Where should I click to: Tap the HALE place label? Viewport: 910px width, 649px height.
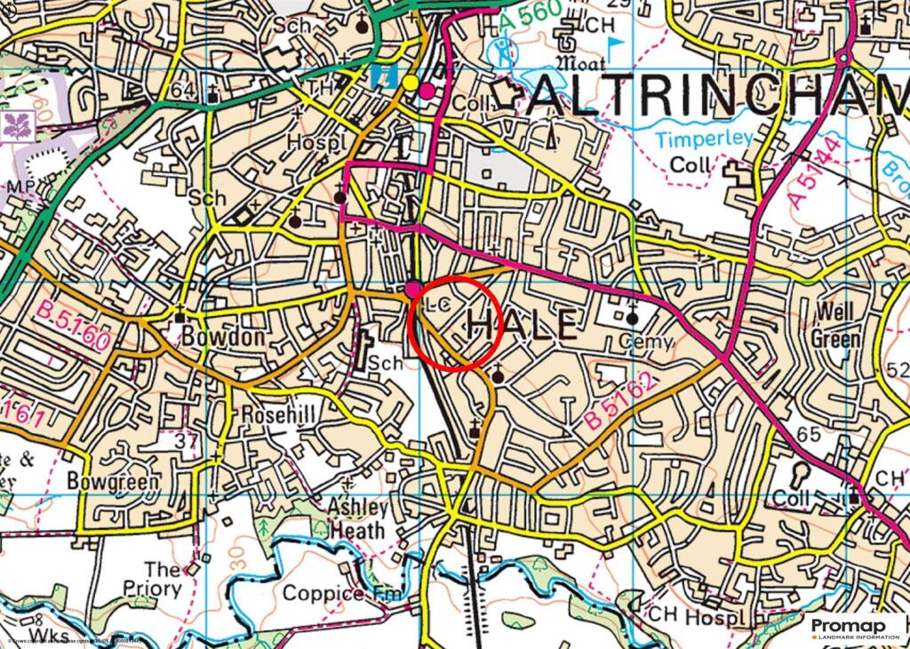[x=523, y=325]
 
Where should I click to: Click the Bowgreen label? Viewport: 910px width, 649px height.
[x=114, y=482]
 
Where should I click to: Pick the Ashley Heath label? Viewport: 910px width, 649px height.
[x=359, y=519]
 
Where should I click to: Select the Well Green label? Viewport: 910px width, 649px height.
[x=835, y=326]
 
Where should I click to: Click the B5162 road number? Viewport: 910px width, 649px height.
[x=620, y=402]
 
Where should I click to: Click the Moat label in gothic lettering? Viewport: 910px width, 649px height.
[x=580, y=64]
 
